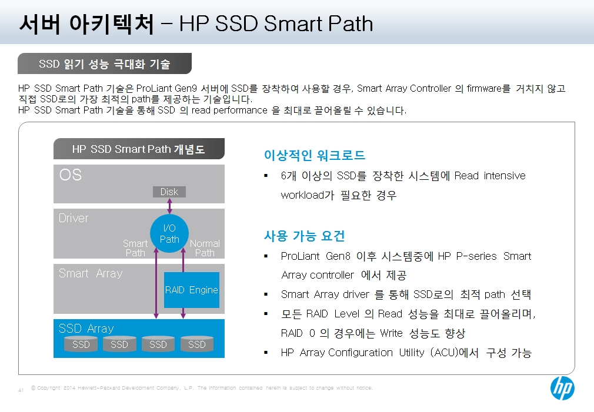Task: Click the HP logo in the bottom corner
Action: tap(562, 388)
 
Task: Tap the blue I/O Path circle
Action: tap(169, 234)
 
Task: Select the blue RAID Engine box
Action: tap(192, 290)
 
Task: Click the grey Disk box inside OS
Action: tap(169, 192)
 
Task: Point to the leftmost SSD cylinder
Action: tap(81, 343)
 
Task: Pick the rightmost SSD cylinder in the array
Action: tap(197, 343)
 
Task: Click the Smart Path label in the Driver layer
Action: tap(135, 248)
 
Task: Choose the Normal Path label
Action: tap(205, 248)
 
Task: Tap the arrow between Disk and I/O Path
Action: tap(169, 206)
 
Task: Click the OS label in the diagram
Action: tap(71, 175)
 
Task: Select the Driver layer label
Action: tap(74, 218)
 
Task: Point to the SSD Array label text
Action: tap(86, 329)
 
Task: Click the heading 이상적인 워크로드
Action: tap(315, 155)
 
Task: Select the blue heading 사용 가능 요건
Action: tap(304, 236)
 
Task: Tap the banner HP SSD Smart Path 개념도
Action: tap(139, 149)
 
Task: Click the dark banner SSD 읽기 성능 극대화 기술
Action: tap(105, 63)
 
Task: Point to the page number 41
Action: tap(21, 390)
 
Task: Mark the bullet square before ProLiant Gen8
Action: tap(266, 256)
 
